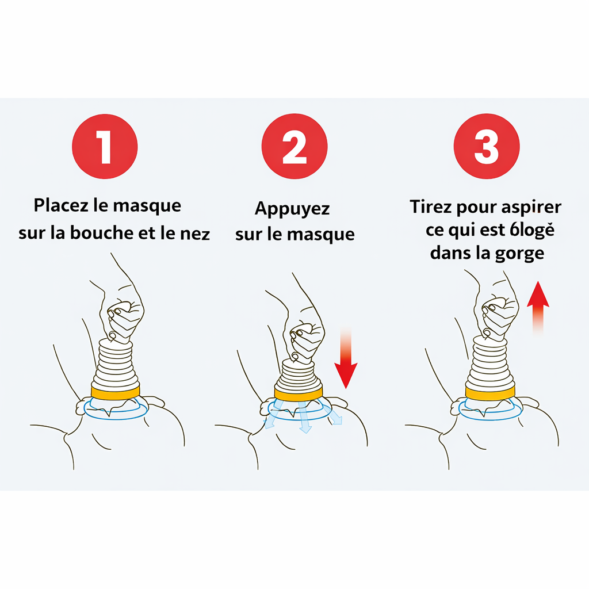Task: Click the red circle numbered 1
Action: point(104,147)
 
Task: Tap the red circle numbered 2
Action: point(294,147)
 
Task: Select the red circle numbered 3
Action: point(487,147)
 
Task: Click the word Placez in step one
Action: point(59,206)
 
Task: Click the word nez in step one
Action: point(196,234)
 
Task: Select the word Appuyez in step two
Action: point(292,208)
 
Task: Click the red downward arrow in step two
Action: point(346,362)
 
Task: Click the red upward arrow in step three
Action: point(538,305)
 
